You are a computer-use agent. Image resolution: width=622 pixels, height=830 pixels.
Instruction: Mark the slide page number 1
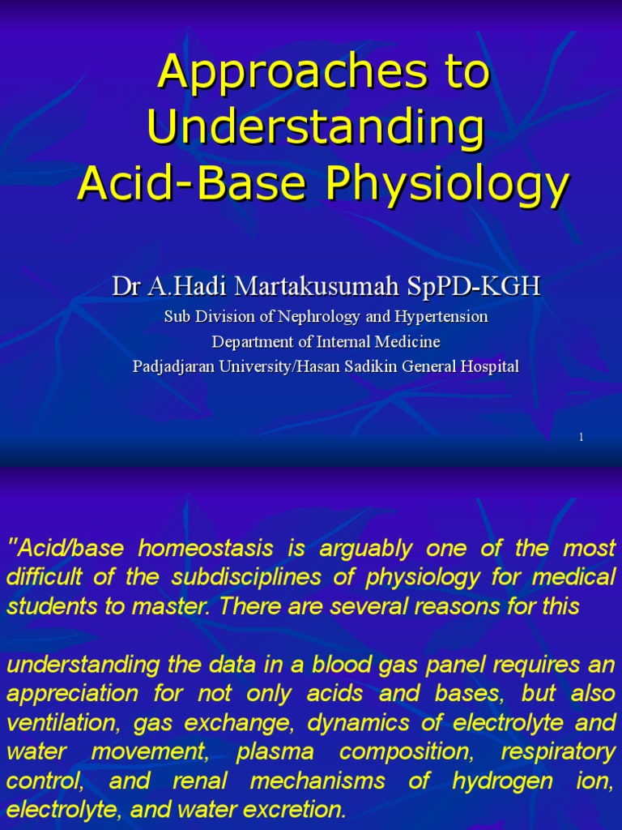click(582, 438)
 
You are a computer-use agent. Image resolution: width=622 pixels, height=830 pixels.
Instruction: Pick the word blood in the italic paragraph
click(296, 665)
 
